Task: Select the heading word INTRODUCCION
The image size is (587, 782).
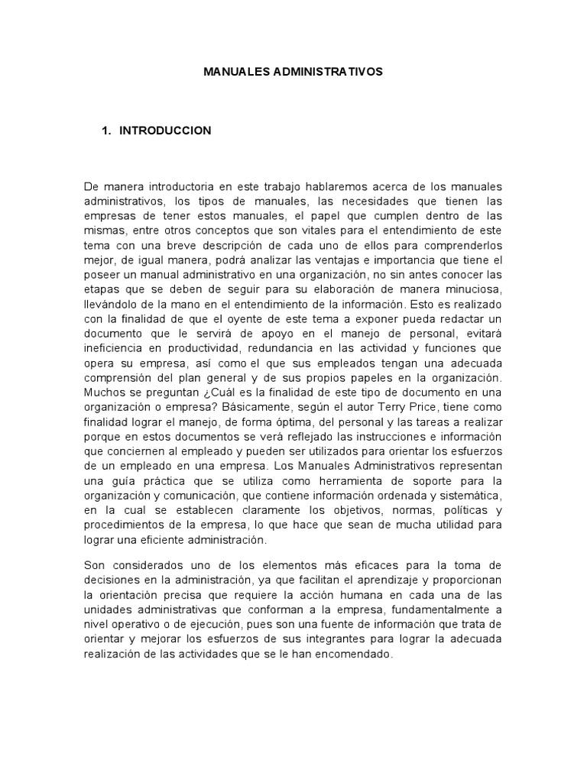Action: coord(165,131)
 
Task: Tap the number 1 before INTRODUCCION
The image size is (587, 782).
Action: coord(105,131)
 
